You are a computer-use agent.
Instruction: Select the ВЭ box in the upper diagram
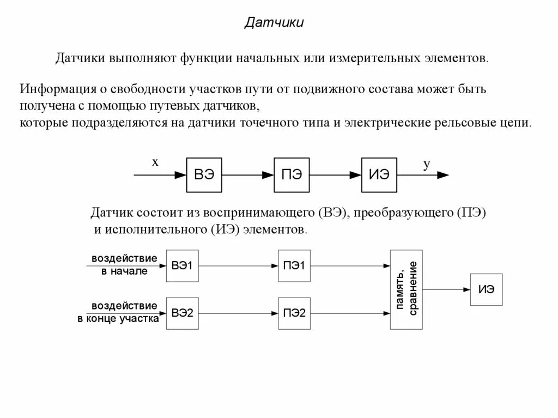(204, 175)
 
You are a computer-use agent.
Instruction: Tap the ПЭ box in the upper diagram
(292, 175)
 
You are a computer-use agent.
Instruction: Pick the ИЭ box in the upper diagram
(379, 175)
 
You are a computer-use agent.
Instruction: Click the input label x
(155, 162)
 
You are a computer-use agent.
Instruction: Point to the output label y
(427, 163)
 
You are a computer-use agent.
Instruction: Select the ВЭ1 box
(183, 265)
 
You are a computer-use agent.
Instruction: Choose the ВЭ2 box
(183, 313)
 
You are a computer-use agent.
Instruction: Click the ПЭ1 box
(294, 265)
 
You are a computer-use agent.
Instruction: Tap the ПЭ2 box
(294, 313)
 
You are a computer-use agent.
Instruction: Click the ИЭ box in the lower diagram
(486, 289)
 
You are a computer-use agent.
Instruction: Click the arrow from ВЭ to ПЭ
(248, 175)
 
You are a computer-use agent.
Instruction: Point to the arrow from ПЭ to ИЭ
(335, 175)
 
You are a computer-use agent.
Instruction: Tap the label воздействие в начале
(124, 264)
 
